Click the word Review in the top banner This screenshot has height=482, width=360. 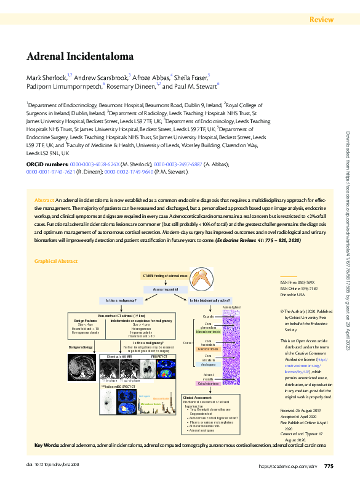pyautogui.click(x=322, y=20)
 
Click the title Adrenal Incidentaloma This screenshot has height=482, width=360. pyautogui.click(x=79, y=57)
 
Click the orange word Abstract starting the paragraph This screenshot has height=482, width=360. pyautogui.click(x=44, y=201)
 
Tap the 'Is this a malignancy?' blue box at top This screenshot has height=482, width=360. pyautogui.click(x=126, y=300)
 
